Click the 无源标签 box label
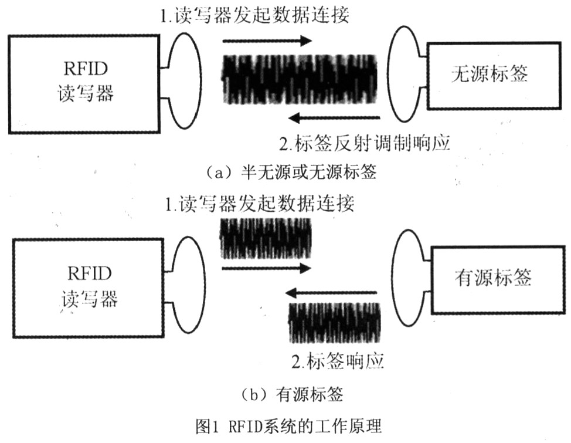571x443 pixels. (489, 74)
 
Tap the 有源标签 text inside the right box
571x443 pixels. (493, 278)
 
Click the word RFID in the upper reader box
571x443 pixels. (86, 68)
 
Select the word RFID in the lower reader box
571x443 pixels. (90, 273)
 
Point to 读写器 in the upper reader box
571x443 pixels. (86, 93)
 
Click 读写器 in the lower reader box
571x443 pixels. (90, 299)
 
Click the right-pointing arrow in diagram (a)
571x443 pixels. (267, 41)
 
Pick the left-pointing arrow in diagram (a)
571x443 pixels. (334, 118)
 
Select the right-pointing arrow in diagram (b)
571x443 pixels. (266, 269)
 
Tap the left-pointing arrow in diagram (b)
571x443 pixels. (331, 292)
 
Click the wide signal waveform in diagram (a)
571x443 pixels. (300, 79)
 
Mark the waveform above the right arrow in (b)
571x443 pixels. (266, 238)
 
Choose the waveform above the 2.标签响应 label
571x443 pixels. (335, 323)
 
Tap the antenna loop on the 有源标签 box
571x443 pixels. (392, 277)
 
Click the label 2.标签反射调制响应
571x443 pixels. (365, 144)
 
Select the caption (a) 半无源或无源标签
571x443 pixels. (291, 172)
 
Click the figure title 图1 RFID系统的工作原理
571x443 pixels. (288, 425)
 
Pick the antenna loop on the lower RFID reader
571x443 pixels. (205, 285)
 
